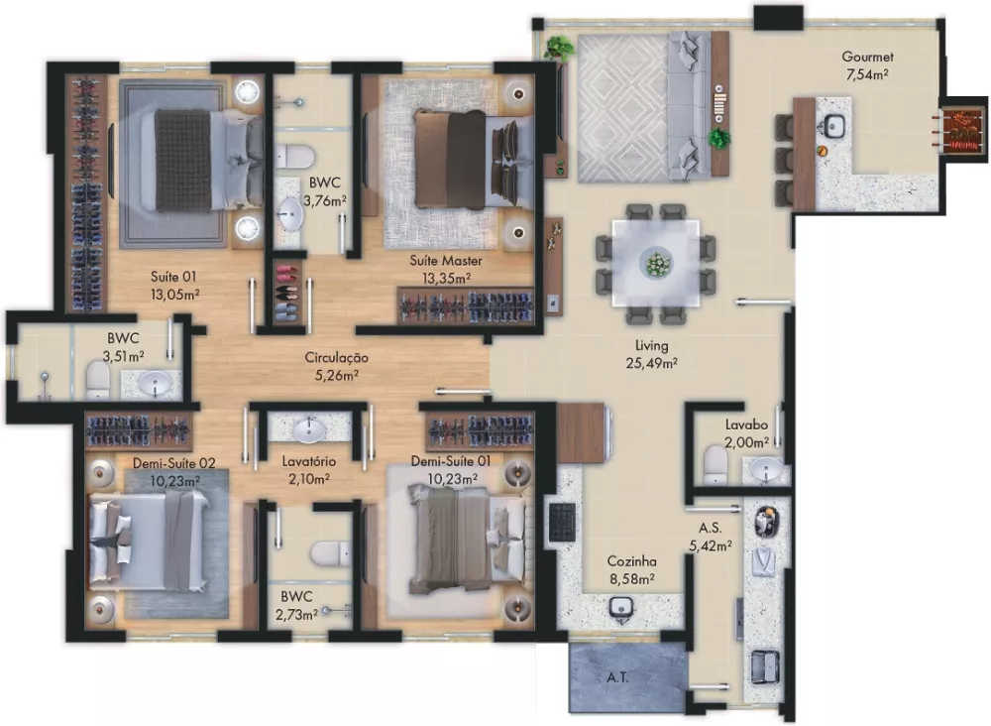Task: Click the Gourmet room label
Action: pos(867,57)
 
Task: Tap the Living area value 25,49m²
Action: pos(652,363)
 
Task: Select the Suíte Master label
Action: pos(446,261)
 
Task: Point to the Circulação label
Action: pos(336,358)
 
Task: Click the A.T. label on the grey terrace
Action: pos(617,678)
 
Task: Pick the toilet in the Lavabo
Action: pos(715,464)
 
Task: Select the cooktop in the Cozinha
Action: pos(562,523)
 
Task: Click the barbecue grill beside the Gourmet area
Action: pos(960,132)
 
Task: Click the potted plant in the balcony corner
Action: pos(559,49)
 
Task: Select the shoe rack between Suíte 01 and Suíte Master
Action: pos(287,292)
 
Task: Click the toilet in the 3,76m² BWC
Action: pos(294,156)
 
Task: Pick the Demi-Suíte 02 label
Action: pos(173,463)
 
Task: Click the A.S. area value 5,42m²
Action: pos(711,545)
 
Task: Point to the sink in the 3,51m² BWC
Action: pos(155,383)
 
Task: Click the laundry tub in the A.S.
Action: pos(766,666)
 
